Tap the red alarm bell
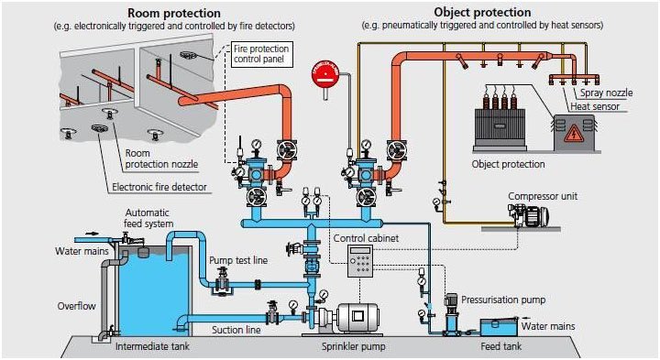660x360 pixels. point(326,75)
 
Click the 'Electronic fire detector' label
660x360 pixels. point(159,187)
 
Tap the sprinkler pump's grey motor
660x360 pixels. point(359,317)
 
